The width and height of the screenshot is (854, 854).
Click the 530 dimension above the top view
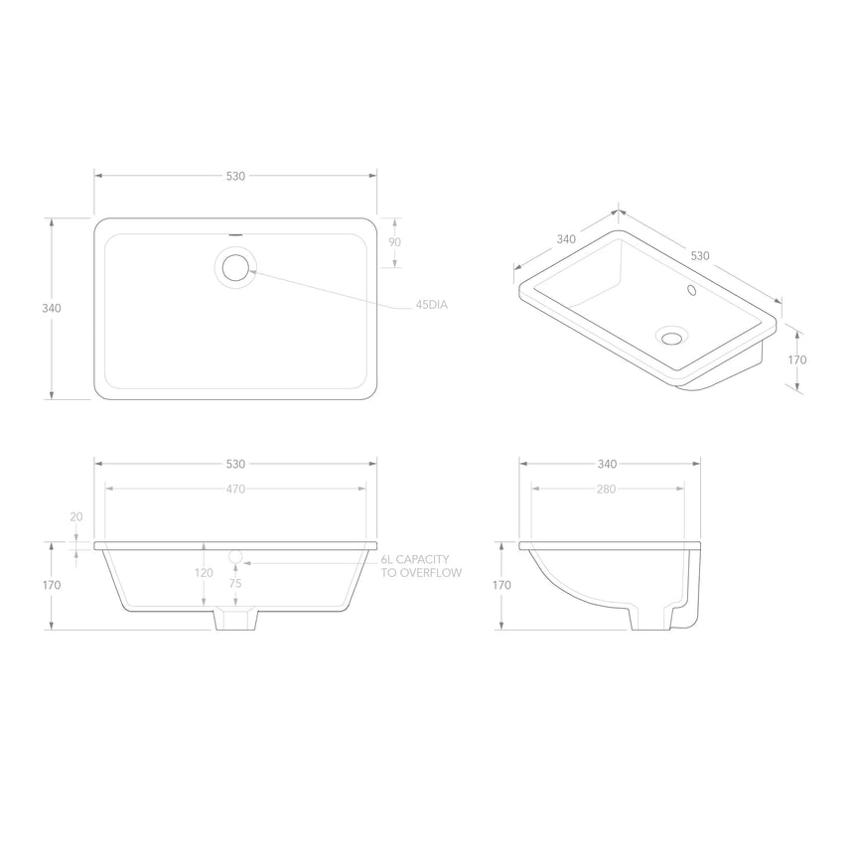pyautogui.click(x=235, y=176)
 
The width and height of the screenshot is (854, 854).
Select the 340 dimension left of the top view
pyautogui.click(x=52, y=308)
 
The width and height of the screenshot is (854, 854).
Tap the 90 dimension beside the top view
pyautogui.click(x=394, y=243)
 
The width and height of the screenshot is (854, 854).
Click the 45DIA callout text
pyautogui.click(x=431, y=305)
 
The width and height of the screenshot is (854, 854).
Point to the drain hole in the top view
pyautogui.click(x=236, y=267)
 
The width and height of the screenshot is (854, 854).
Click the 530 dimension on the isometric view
pyautogui.click(x=700, y=255)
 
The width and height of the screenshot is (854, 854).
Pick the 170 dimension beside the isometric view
pyautogui.click(x=797, y=359)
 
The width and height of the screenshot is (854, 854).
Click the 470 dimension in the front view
pyautogui.click(x=235, y=489)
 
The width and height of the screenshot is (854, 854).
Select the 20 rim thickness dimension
pyautogui.click(x=76, y=516)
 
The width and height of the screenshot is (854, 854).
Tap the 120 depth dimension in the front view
pyautogui.click(x=204, y=573)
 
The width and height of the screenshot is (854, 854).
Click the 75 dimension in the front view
pyautogui.click(x=235, y=584)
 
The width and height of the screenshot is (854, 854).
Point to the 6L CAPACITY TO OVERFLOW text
pyautogui.click(x=421, y=567)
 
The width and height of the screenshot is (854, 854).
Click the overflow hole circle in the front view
pyautogui.click(x=236, y=556)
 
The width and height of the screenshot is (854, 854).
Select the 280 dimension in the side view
pyautogui.click(x=607, y=489)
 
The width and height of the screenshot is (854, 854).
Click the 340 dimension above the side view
pyautogui.click(x=607, y=464)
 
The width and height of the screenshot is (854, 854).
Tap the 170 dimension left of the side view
pyautogui.click(x=501, y=585)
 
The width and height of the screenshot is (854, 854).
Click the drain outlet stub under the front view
pyautogui.click(x=236, y=619)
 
